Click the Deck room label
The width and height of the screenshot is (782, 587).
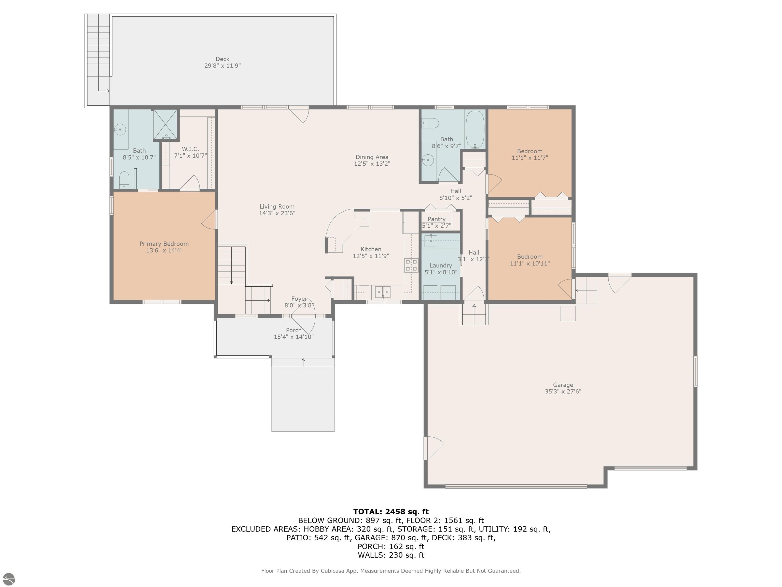(222, 59)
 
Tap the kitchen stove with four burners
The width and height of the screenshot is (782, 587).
(411, 265)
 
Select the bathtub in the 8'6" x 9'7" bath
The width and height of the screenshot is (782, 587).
(475, 130)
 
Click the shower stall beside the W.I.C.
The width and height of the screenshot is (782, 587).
(165, 125)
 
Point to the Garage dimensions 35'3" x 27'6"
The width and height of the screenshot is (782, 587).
(563, 391)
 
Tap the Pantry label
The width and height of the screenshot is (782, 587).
(436, 219)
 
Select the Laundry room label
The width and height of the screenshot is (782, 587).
(440, 265)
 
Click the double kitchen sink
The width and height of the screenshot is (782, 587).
(383, 292)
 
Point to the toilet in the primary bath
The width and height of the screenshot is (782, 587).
(124, 180)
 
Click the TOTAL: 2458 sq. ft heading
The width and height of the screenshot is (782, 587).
(391, 512)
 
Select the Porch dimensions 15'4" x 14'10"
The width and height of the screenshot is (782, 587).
(294, 337)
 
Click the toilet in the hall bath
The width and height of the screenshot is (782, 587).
(431, 123)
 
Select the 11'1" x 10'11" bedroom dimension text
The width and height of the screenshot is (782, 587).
(529, 263)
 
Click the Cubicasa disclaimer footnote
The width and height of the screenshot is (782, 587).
(391, 571)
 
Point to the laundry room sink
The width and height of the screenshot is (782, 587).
(431, 241)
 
